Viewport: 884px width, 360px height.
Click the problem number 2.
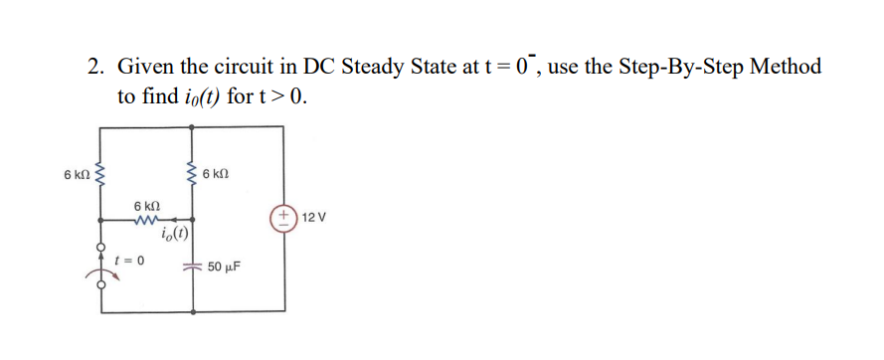point(94,68)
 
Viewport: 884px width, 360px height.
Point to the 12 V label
point(314,217)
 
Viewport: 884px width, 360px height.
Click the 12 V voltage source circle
point(285,217)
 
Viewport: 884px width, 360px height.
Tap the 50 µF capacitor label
point(226,269)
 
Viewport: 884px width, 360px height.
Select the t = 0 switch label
point(129,261)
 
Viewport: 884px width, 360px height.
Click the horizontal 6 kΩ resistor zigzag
point(148,219)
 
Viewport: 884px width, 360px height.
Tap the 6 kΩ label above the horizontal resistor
point(148,204)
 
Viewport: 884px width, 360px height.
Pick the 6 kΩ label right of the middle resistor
point(217,175)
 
